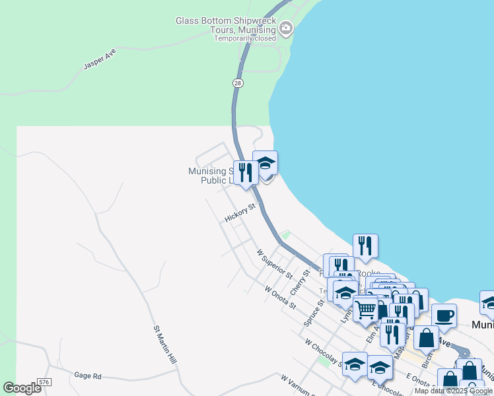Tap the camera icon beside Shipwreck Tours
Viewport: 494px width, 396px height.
click(286, 28)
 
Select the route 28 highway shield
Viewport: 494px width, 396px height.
click(238, 82)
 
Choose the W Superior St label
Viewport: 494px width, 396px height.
click(275, 263)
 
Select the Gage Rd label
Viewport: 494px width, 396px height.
click(87, 376)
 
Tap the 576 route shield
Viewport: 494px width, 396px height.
click(45, 382)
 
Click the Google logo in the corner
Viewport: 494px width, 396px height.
click(22, 388)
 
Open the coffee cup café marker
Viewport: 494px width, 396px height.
click(444, 315)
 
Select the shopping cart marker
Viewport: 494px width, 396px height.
click(365, 308)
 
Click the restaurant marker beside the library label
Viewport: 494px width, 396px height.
click(246, 172)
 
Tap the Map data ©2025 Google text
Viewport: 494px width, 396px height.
click(453, 391)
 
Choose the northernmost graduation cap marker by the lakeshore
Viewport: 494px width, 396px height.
click(265, 162)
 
